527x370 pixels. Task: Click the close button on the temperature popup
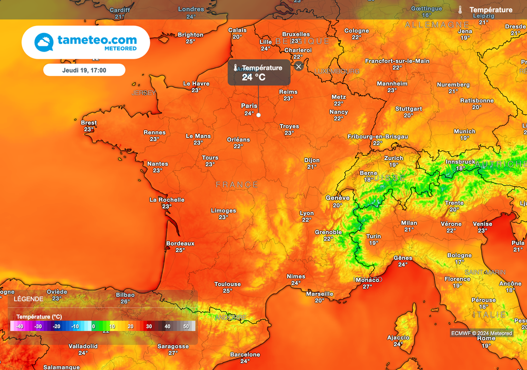click(x=298, y=66)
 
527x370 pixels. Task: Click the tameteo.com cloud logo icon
click(x=44, y=42)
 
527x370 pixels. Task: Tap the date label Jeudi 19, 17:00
click(x=84, y=69)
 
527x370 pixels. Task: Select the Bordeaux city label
click(x=180, y=243)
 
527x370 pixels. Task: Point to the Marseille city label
click(x=320, y=294)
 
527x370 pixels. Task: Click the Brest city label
click(x=89, y=123)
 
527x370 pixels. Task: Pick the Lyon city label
click(x=307, y=213)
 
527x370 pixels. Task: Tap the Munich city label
click(x=465, y=131)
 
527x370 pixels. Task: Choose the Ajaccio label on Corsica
click(x=398, y=338)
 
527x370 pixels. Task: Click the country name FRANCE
click(x=237, y=184)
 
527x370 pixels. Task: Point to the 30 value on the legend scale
click(x=149, y=326)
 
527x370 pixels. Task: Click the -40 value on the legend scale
click(x=19, y=326)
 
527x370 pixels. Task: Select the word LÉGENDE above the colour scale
click(x=28, y=298)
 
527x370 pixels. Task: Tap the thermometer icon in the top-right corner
click(x=460, y=10)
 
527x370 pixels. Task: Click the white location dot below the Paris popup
click(x=258, y=115)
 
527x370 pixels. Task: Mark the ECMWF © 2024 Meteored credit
click(x=482, y=333)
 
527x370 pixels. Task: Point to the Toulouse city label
click(x=227, y=284)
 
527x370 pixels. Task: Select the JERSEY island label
click(x=144, y=93)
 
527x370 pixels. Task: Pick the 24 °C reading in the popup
click(x=254, y=77)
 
